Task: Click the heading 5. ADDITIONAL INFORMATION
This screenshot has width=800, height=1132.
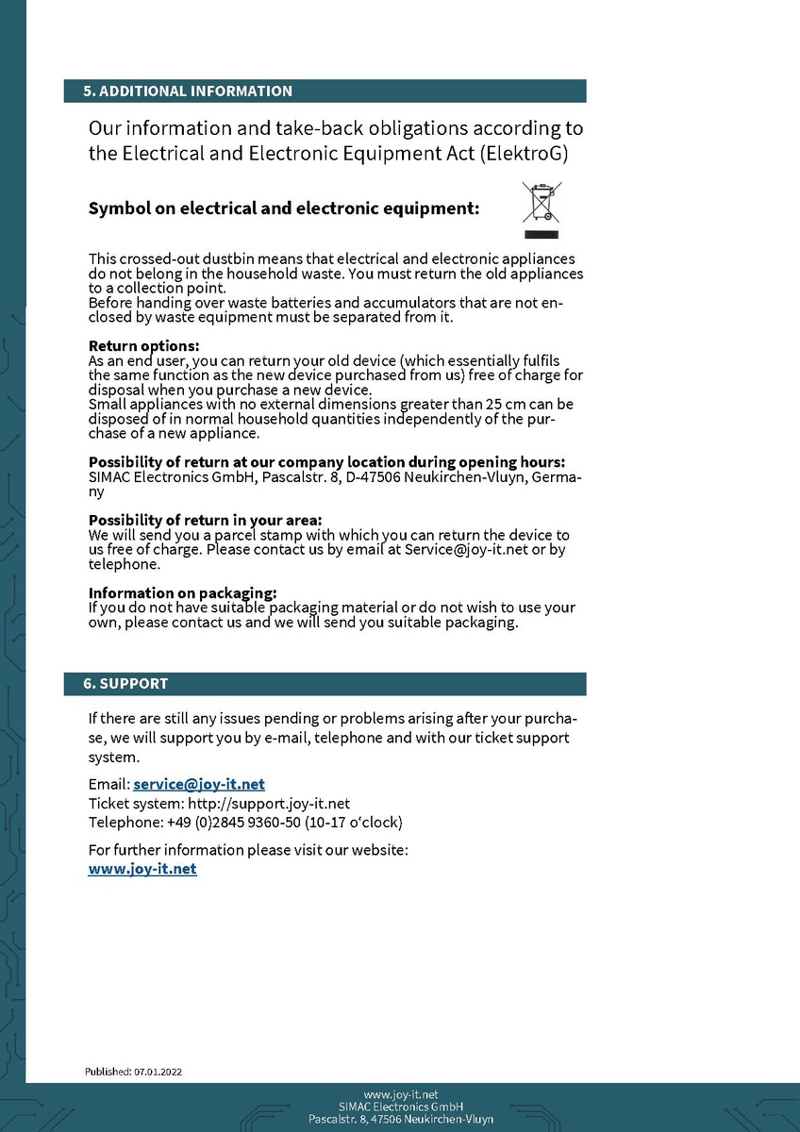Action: click(188, 92)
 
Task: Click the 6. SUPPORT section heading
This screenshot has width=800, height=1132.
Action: click(125, 683)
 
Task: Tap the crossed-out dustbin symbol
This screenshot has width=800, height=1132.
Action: click(542, 209)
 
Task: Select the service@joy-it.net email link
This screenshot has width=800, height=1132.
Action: click(199, 784)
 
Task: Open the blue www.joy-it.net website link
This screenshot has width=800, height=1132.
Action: click(142, 869)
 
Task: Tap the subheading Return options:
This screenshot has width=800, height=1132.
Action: click(143, 346)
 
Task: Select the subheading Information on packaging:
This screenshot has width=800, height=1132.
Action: click(182, 593)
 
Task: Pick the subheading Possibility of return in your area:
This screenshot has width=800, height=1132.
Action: click(205, 520)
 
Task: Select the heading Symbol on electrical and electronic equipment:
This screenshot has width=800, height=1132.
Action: click(284, 208)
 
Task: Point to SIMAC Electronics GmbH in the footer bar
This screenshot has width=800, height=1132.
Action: click(400, 1107)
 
